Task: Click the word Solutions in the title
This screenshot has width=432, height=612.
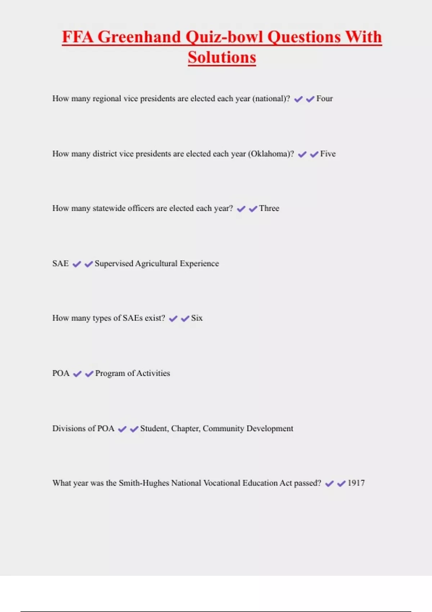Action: tap(222, 57)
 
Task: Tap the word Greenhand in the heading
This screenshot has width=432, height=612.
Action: tap(139, 37)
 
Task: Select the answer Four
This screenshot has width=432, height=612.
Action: tap(324, 99)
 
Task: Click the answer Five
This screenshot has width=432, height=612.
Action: tap(328, 154)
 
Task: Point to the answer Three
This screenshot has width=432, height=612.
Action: tap(269, 208)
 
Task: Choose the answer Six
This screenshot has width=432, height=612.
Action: tap(197, 318)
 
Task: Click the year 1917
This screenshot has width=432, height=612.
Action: tap(356, 483)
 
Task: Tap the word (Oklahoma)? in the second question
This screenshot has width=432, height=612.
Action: tap(271, 154)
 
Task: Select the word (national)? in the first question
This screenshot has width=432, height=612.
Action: tap(271, 99)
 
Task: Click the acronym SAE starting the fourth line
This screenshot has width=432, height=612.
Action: tap(60, 264)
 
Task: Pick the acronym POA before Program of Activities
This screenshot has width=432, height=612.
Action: tap(61, 373)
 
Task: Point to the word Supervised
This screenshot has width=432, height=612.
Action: tap(114, 264)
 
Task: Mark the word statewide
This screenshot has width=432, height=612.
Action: tap(109, 208)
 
